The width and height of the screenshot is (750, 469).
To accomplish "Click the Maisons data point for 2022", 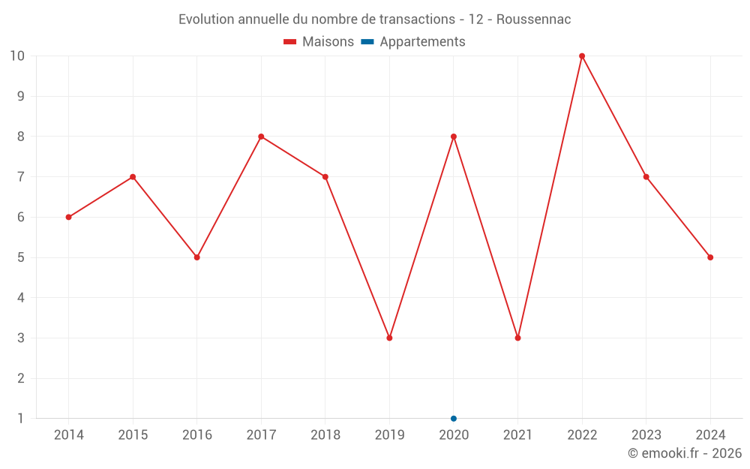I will coord(582,56).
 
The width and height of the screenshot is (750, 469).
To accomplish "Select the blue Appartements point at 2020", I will coord(454,419).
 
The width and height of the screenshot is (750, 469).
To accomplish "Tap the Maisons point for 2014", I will coord(69,218).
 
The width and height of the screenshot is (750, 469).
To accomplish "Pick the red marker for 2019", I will coord(389,338).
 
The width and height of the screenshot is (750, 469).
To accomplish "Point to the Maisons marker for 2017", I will coord(261,137).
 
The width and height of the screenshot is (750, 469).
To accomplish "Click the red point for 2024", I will coord(710,257).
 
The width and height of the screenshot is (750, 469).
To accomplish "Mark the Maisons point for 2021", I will coord(517,338).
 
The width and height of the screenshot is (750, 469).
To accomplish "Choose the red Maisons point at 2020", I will coord(454,137).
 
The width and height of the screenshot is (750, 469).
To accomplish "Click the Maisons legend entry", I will coord(319,42).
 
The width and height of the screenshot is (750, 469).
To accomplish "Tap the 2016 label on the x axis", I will coord(197,435).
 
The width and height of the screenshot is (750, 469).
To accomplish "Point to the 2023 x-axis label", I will coord(646,435).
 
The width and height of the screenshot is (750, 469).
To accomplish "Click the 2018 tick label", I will coord(325,435).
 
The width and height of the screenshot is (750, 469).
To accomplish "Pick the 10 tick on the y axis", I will coord(17,56).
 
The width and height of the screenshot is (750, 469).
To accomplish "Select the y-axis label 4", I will coord(21,298).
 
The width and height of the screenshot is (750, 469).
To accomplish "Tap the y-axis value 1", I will coord(21,419).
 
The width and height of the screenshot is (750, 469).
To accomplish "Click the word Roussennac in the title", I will coord(534,20).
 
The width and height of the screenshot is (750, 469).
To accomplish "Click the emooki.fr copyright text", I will coord(685,453).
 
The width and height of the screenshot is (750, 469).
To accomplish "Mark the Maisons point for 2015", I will coord(133,177).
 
